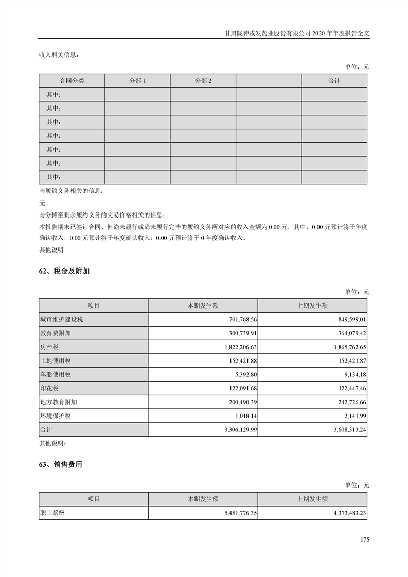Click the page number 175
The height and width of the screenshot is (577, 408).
click(x=365, y=539)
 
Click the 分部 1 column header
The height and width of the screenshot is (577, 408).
click(x=137, y=81)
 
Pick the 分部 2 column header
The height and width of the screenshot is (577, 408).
click(x=203, y=81)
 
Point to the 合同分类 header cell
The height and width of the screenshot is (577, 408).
click(x=72, y=81)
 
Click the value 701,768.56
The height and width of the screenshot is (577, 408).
click(x=240, y=319)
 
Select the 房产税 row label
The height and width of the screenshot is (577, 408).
click(x=50, y=347)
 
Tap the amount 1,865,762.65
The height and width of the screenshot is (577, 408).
click(x=345, y=347)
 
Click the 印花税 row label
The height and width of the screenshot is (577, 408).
click(x=50, y=388)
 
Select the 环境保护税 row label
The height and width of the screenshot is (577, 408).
click(x=57, y=416)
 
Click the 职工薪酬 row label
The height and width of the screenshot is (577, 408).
click(x=53, y=513)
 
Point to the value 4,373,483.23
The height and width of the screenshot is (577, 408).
click(x=345, y=513)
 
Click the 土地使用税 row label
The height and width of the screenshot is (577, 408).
click(x=57, y=360)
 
